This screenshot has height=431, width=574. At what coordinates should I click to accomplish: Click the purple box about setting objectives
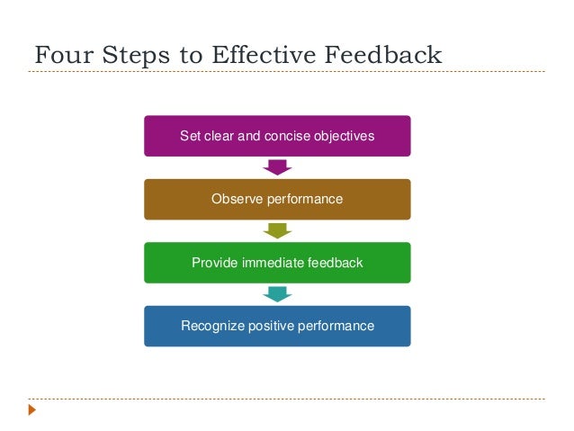pyautogui.click(x=277, y=136)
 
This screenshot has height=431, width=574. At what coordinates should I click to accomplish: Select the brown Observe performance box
pyautogui.click(x=277, y=199)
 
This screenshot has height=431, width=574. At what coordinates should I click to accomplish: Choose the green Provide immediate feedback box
pyautogui.click(x=277, y=263)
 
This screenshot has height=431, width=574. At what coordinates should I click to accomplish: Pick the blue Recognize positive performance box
pyautogui.click(x=277, y=326)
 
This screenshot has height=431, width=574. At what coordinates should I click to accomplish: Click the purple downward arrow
pyautogui.click(x=277, y=167)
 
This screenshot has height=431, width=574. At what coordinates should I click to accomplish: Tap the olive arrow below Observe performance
pyautogui.click(x=277, y=230)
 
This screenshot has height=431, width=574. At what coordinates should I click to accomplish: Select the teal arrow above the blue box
pyautogui.click(x=277, y=294)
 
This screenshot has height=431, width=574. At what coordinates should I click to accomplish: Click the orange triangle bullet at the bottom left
pyautogui.click(x=32, y=410)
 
